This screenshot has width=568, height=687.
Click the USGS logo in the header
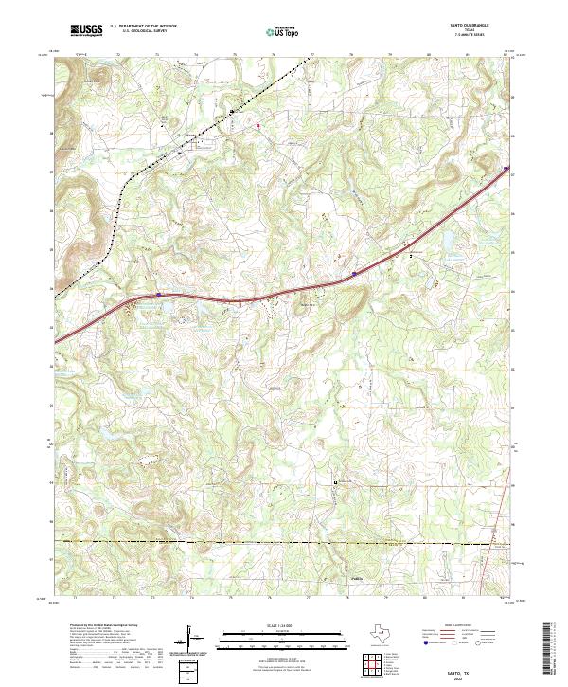(87, 31)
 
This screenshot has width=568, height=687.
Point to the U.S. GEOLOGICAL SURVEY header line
(137, 33)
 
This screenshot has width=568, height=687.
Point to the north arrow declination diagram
(193, 641)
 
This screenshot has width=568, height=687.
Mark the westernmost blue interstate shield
(160, 295)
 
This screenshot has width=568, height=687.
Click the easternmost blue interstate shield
(504, 171)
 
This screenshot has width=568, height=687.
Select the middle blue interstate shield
(354, 274)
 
